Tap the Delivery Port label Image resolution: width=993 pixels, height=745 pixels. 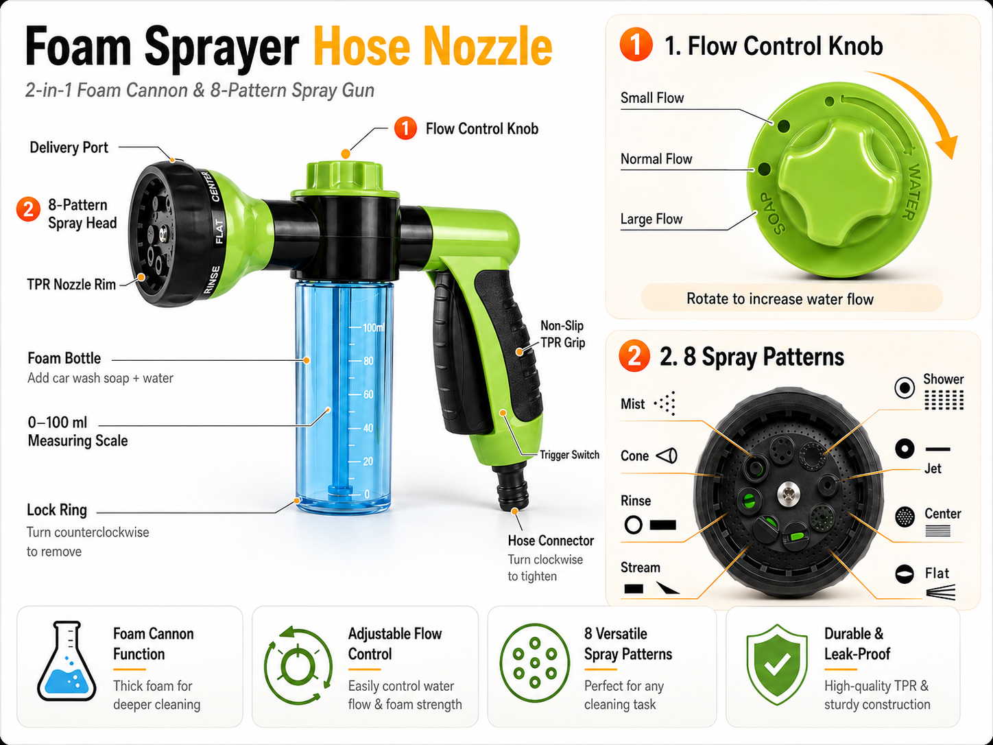69,147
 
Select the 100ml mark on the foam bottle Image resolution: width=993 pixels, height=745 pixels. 373,327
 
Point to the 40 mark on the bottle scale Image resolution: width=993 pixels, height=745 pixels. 368,428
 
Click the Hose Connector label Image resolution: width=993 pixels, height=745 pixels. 551,541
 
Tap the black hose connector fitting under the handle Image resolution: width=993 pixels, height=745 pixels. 512,488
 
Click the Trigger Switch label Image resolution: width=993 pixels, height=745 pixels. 570,455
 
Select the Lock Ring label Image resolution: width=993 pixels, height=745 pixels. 56,510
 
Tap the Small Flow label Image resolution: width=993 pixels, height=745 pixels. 652,97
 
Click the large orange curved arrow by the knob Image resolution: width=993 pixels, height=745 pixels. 923,104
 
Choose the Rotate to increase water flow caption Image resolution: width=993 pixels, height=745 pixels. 780,299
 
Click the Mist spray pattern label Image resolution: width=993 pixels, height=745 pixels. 632,403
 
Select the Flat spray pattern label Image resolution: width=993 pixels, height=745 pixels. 937,573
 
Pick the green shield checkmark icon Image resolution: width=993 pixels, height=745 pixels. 777,664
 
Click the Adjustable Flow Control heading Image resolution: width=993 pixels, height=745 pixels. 394,643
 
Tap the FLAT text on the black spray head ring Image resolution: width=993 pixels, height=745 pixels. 219,232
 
